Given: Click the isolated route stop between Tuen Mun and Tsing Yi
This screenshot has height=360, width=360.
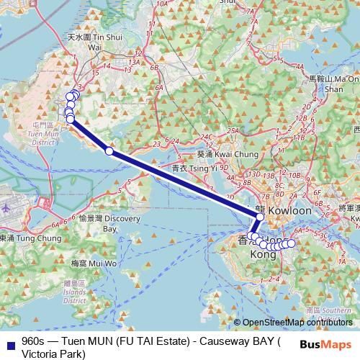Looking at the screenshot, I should click(109, 150).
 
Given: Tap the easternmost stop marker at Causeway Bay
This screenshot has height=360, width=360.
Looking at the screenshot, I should click(291, 243).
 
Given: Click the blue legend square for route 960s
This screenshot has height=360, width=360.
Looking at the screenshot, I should click(10, 341).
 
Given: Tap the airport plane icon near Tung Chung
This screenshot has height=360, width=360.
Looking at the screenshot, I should click(6, 205).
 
